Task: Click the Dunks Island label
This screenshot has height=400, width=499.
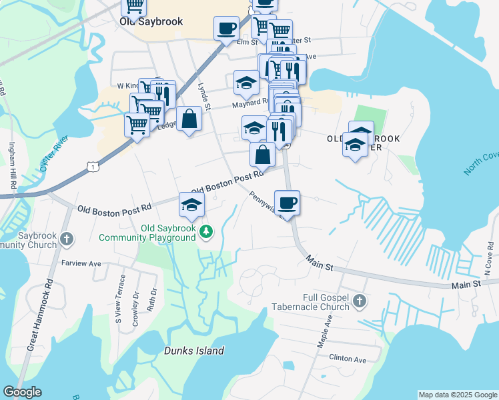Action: (x=194, y=351)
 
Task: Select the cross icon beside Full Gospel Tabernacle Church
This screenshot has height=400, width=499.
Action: (x=360, y=301)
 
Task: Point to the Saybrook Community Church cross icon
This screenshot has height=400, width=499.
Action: (x=66, y=239)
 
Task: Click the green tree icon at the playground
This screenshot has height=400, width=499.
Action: (x=207, y=231)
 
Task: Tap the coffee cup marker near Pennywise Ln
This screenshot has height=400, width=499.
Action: (x=287, y=202)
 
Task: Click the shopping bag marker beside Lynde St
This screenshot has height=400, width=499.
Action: (x=189, y=119)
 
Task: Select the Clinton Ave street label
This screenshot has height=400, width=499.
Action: (x=348, y=359)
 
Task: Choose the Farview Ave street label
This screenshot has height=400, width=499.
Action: (x=81, y=264)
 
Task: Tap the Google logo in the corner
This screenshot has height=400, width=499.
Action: (x=22, y=392)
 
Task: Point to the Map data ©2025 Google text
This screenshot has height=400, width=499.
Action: (x=457, y=395)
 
